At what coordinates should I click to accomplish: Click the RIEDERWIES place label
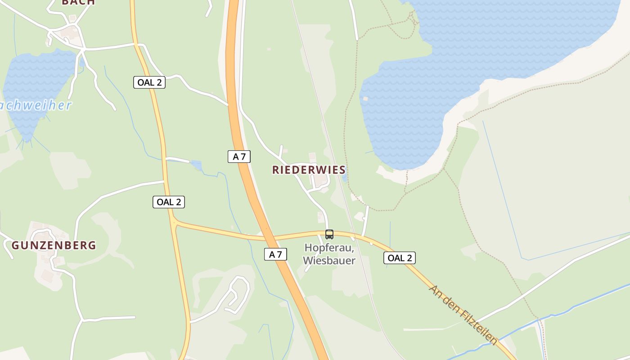pos(309,170)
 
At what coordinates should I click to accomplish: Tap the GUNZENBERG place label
pos(54,245)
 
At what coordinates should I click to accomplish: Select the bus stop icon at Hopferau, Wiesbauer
pos(329,234)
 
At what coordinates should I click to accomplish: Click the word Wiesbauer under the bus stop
pos(329,261)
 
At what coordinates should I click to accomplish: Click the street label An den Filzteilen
pos(463,315)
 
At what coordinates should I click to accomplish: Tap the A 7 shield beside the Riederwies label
pos(239,157)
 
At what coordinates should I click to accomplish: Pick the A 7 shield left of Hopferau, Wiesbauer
pos(275,254)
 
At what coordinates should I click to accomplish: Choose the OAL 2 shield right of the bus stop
pos(400,258)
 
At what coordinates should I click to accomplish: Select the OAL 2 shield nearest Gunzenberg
pos(169,202)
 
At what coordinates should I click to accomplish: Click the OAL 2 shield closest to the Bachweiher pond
pos(149,82)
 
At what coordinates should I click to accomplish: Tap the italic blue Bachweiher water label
pos(36,106)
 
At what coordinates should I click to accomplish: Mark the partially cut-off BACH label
pos(78,2)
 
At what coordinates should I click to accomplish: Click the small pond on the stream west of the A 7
pos(196,166)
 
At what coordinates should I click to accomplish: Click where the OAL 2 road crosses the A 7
pos(269,237)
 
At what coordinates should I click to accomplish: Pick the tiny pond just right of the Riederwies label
pos(344,178)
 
